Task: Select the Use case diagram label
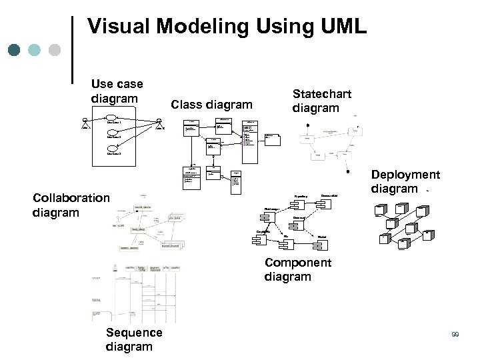pyautogui.click(x=117, y=91)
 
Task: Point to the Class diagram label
pyautogui.click(x=212, y=104)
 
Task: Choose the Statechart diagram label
pyautogui.click(x=321, y=101)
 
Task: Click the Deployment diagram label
pyautogui.click(x=405, y=181)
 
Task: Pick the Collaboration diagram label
pyautogui.click(x=71, y=205)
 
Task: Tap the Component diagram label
pyautogui.click(x=297, y=269)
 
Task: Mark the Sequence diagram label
pyautogui.click(x=133, y=339)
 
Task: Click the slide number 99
pyautogui.click(x=455, y=334)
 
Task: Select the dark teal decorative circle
pyautogui.click(x=15, y=50)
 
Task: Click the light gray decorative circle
pyautogui.click(x=55, y=50)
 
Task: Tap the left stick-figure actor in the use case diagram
pyautogui.click(x=85, y=122)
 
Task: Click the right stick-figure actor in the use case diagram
pyautogui.click(x=159, y=122)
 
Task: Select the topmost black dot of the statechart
pyautogui.click(x=307, y=125)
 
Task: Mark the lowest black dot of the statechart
pyautogui.click(x=347, y=171)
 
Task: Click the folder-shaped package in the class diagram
pyautogui.click(x=272, y=139)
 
